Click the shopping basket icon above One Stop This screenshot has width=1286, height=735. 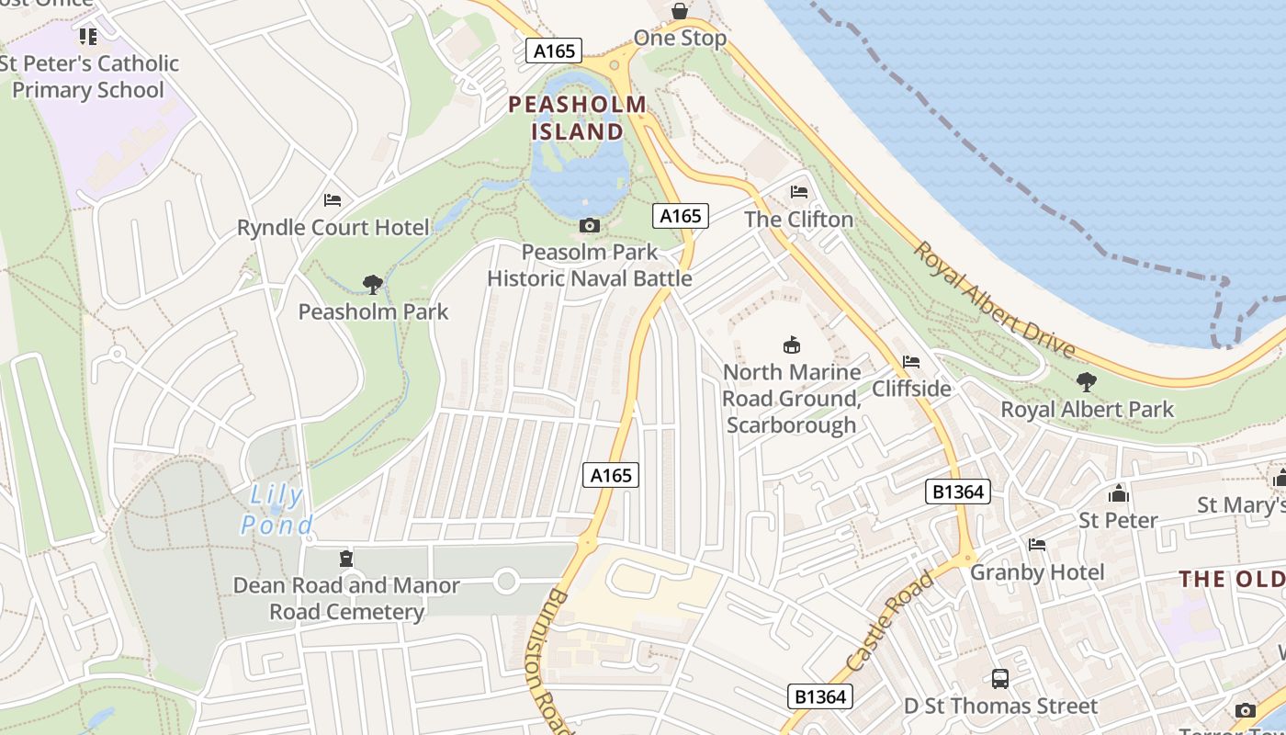tap(679, 11)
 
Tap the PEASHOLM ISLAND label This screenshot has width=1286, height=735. tap(578, 118)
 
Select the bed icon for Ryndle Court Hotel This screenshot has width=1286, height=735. tap(333, 199)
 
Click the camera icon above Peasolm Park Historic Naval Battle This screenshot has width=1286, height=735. tap(590, 225)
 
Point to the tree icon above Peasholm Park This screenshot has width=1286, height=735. tap(372, 284)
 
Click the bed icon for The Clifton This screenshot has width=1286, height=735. tap(799, 192)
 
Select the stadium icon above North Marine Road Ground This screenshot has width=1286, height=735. tap(790, 345)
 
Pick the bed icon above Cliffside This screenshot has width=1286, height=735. tap(911, 362)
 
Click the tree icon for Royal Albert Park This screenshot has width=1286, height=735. tap(1087, 381)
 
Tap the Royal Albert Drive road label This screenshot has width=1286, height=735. tap(994, 300)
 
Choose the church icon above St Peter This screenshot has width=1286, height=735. tap(1118, 493)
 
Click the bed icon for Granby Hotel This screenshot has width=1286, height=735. tap(1037, 545)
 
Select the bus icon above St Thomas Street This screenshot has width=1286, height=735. tap(1000, 679)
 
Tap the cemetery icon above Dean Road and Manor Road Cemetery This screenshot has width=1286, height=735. tap(346, 558)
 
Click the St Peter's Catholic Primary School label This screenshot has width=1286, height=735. tap(89, 76)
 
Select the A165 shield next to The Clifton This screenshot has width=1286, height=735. tap(681, 216)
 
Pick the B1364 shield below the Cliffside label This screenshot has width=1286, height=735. tap(958, 492)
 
